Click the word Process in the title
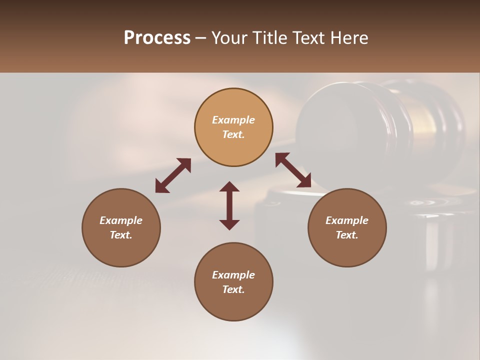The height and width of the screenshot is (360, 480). point(157,38)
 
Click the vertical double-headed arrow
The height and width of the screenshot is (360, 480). point(229,206)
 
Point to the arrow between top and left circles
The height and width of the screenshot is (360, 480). point(173,175)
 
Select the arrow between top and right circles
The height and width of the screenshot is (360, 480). point(293,170)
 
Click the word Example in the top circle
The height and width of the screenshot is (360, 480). point(233,120)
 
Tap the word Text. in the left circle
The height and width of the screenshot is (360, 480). point(121,235)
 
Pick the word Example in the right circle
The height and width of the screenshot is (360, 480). point(347,220)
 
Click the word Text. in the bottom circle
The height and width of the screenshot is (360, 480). point(233,289)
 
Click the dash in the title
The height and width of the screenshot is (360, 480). point(200,38)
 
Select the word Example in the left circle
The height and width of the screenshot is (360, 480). point(121,220)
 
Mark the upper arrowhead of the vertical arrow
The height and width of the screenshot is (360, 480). point(229,186)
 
